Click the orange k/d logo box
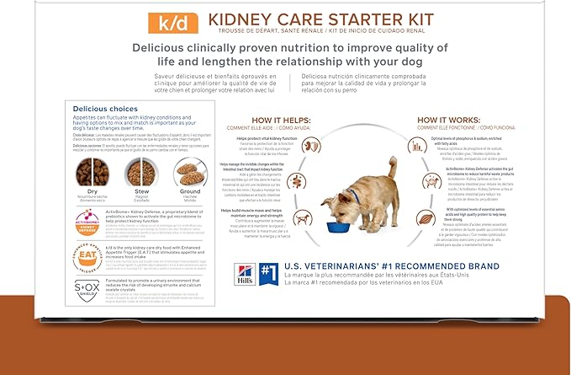(x=162, y=19)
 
